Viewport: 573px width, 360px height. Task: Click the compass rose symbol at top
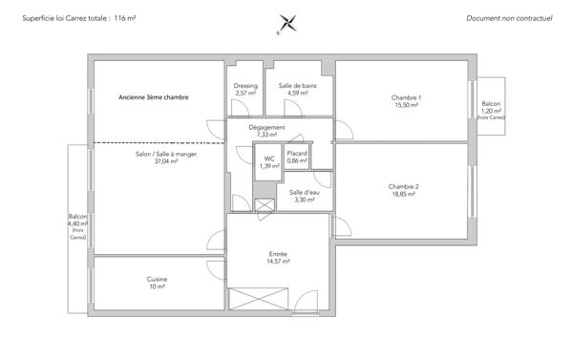click(x=286, y=24)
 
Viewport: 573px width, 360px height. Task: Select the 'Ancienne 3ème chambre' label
click(x=154, y=97)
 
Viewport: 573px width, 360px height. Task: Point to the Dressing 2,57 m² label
click(x=245, y=89)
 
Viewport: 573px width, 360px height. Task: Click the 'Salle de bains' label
click(x=298, y=89)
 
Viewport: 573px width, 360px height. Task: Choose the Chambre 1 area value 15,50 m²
click(x=406, y=106)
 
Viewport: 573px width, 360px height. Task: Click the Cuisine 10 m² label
click(x=158, y=282)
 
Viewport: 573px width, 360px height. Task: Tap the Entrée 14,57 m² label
click(x=278, y=257)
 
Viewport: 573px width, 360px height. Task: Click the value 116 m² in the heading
click(x=125, y=18)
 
